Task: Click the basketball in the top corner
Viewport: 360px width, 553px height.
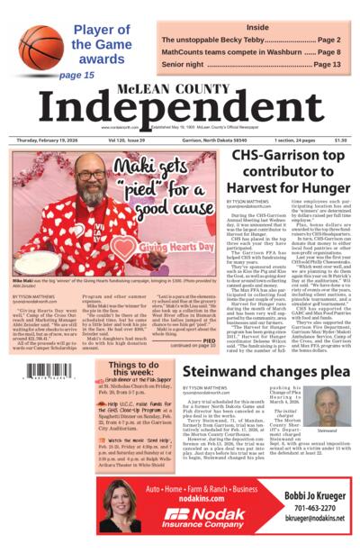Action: pyautogui.click(x=40, y=45)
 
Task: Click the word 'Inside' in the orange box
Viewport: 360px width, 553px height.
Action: pyautogui.click(x=257, y=27)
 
